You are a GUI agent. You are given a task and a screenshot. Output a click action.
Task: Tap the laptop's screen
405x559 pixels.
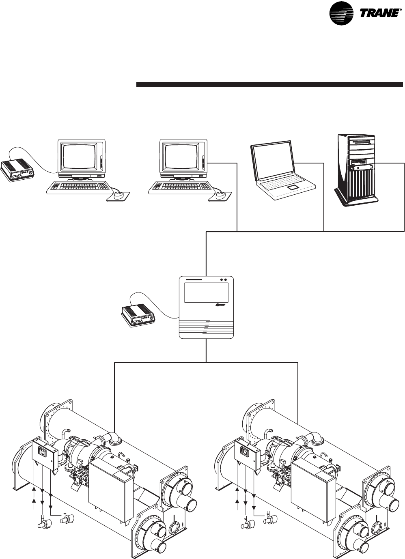pyautogui.click(x=272, y=160)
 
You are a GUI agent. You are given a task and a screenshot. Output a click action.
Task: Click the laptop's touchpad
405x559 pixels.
pyautogui.click(x=292, y=189)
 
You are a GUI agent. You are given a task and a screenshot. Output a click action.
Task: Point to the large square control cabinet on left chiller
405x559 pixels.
pyautogui.click(x=110, y=483)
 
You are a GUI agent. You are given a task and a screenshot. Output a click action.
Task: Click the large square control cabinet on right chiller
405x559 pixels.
pyautogui.click(x=313, y=483)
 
